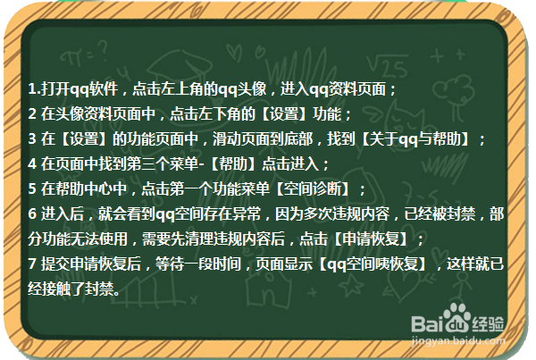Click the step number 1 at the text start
pyautogui.click(x=32, y=89)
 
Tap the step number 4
pyautogui.click(x=32, y=164)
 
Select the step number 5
pyautogui.click(x=32, y=189)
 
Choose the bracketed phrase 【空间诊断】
pyautogui.click(x=317, y=189)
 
